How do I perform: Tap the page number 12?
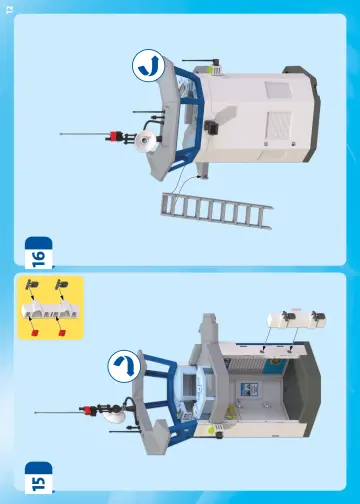(9, 10)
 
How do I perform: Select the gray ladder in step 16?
(217, 211)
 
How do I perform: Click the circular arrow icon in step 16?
(149, 65)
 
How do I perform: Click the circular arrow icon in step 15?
(124, 366)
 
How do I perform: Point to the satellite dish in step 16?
(146, 141)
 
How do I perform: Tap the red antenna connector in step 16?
(114, 136)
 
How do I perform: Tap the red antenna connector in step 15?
(89, 411)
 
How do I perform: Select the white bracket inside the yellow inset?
(50, 310)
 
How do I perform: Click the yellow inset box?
(50, 308)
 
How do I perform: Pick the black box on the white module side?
(211, 127)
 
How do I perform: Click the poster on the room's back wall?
(249, 389)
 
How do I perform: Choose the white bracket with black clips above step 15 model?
(296, 318)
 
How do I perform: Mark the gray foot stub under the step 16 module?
(203, 171)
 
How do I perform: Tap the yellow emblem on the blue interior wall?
(276, 361)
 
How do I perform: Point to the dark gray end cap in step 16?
(305, 113)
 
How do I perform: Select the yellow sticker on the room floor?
(231, 412)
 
